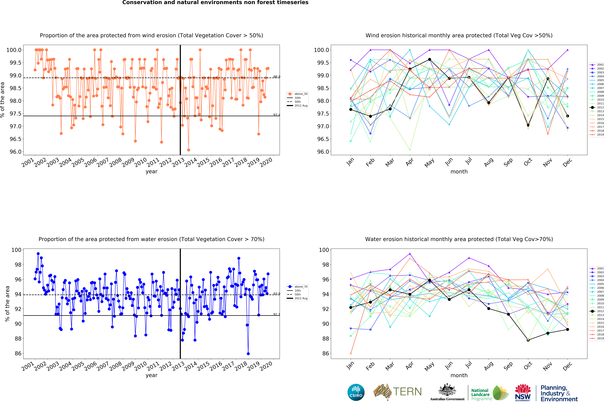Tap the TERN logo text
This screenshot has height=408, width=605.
pos(407,392)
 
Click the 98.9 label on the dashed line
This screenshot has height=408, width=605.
pos(276,77)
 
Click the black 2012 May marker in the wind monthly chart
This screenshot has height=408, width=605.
pos(430,60)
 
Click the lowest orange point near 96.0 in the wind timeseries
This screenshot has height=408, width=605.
pos(188,150)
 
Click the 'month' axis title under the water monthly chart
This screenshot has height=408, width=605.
pos(459,375)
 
